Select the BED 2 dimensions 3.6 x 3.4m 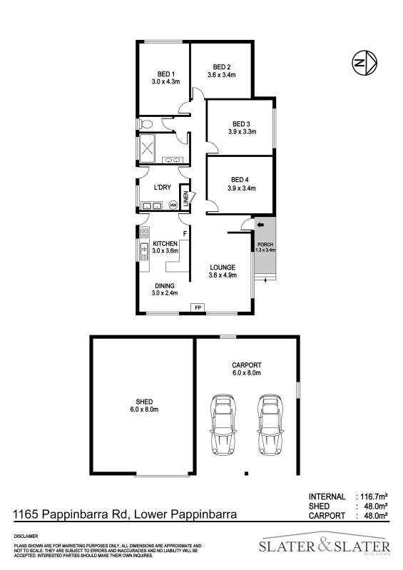tap(219, 75)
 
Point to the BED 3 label tap(241, 123)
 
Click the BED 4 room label tap(241, 179)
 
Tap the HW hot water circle tap(173, 205)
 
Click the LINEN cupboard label tap(186, 198)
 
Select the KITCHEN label tap(165, 243)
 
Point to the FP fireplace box tap(199, 307)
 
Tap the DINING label tap(165, 285)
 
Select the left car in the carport tap(223, 427)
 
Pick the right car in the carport tap(269, 427)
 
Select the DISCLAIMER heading tap(26, 535)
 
